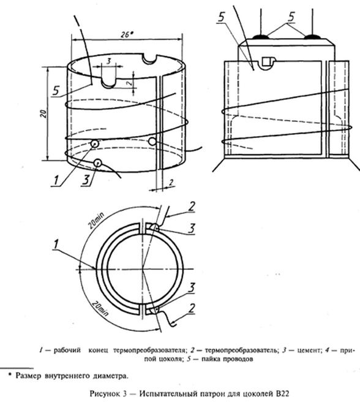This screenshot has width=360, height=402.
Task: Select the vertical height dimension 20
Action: point(44,113)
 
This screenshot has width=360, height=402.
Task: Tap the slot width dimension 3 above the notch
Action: point(108,61)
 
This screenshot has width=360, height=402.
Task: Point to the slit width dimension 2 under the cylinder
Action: point(171,182)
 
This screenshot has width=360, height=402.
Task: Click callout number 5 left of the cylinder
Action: point(56,91)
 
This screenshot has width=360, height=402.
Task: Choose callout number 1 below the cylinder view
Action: point(56,180)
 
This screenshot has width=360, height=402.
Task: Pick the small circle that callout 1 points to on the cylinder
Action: point(94,144)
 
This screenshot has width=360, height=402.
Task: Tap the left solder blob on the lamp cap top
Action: point(261,37)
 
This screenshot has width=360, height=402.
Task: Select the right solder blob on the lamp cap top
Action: point(312,37)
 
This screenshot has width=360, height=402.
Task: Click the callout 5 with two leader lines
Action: point(291,17)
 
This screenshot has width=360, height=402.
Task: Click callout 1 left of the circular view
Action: point(56,245)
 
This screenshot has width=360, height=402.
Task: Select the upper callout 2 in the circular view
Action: point(192,207)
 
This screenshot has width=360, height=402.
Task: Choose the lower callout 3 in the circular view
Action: point(192,288)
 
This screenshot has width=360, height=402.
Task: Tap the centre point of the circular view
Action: point(143,268)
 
